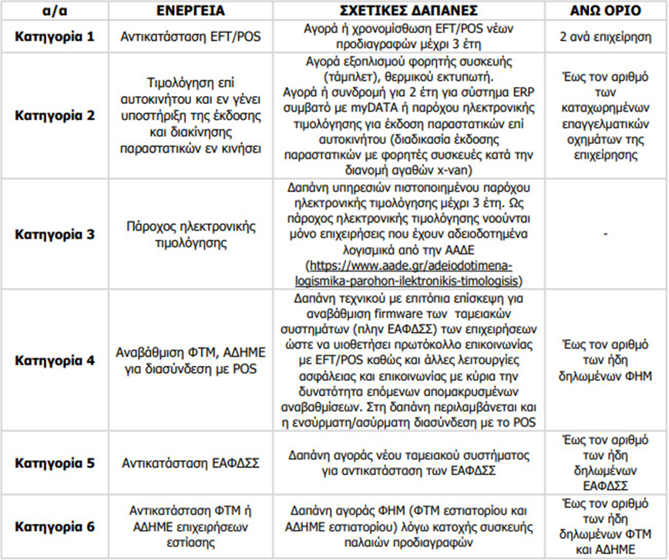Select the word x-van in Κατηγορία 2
(472, 166)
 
